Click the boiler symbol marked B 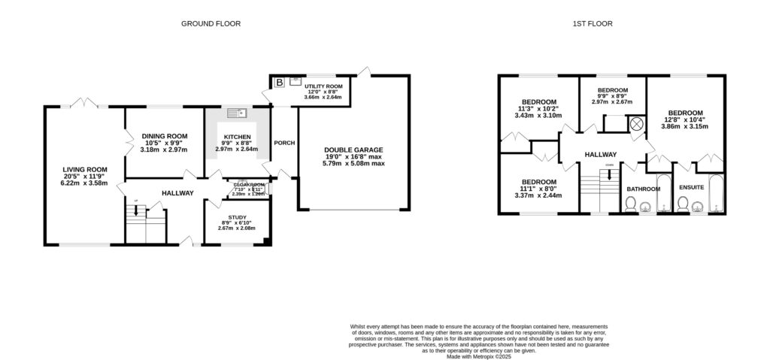click(280, 81)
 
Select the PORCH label click(284, 143)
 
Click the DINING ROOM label click(164, 136)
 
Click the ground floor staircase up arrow click(135, 209)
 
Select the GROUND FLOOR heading click(211, 24)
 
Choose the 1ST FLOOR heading click(593, 24)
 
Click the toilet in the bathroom click(631, 204)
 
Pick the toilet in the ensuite click(684, 204)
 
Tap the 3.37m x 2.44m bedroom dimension click(539, 195)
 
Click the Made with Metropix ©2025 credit click(479, 356)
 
